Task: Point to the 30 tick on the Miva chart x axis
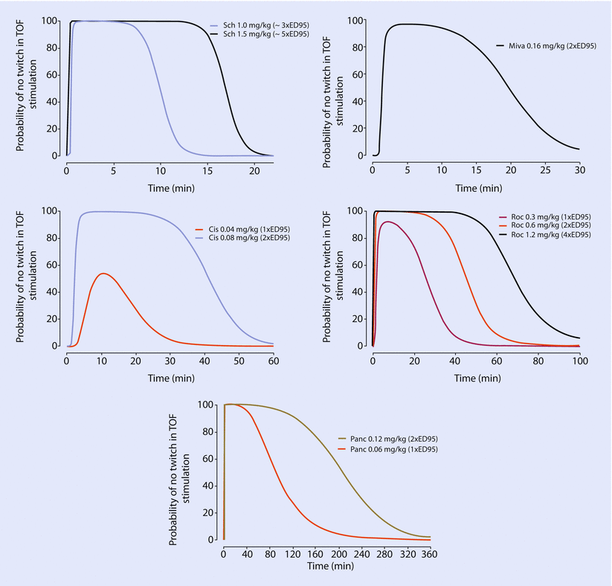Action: pos(580,170)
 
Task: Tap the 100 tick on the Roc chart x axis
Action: pos(579,360)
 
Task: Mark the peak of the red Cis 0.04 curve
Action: pos(103,274)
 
